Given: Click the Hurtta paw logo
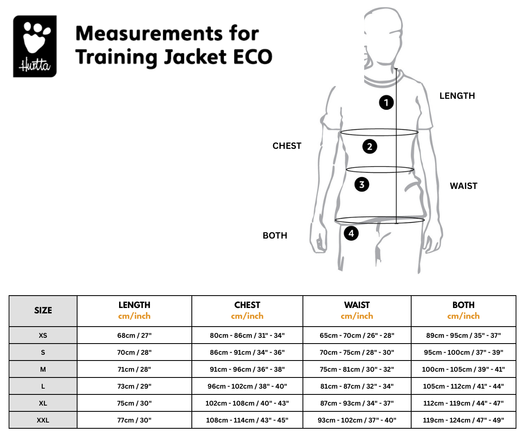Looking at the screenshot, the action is tap(35, 46).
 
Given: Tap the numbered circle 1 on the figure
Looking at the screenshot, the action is tap(386, 103).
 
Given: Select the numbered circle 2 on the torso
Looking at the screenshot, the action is tap(370, 146).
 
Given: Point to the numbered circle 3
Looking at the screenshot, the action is tap(362, 184).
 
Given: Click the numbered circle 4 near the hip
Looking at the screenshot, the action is tap(351, 233).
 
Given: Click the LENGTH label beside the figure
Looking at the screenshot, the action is tap(457, 96).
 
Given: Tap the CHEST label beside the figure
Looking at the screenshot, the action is tap(287, 146).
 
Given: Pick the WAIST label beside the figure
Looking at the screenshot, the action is tap(463, 186).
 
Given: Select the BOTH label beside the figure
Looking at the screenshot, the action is tap(275, 236).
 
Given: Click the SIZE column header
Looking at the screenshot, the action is tap(43, 310).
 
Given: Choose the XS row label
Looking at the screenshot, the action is tap(43, 335).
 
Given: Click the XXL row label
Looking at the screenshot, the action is tap(43, 420).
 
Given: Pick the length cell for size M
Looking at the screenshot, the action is tap(134, 369).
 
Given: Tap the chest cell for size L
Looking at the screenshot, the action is tap(247, 386).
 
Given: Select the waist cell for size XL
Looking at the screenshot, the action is tap(357, 404).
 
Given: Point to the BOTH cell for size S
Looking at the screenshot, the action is tap(463, 352).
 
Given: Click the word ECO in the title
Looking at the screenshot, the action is tap(253, 57).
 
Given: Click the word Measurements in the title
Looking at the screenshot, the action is tap(149, 33).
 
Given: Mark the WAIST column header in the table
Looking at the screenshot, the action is tap(357, 305).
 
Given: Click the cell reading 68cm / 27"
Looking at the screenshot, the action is tap(134, 335).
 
